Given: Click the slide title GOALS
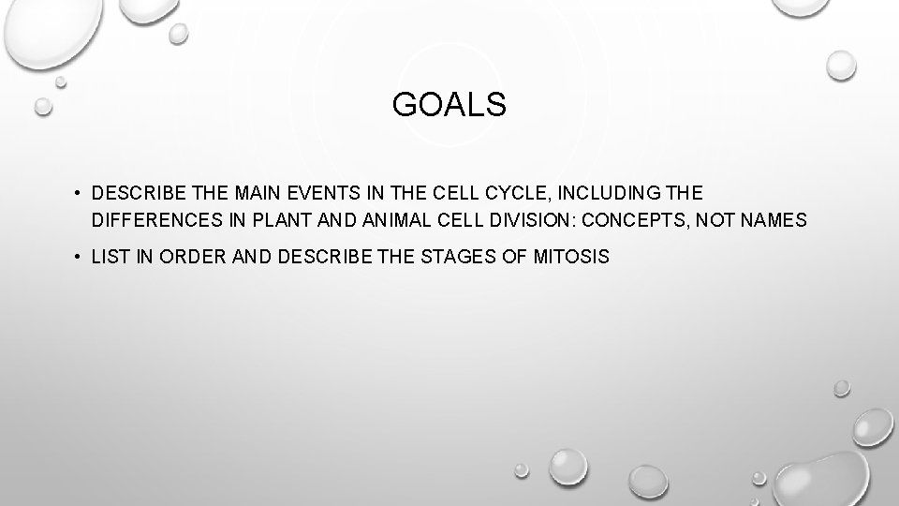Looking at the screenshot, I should pyautogui.click(x=449, y=106).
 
